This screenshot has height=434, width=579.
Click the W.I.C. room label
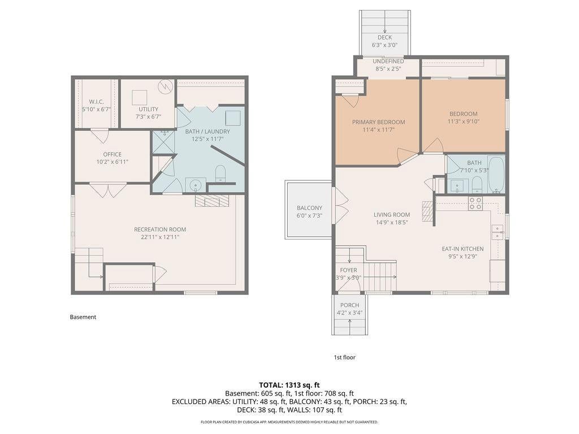[x=96, y=102]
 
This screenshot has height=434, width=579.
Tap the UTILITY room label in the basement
[x=149, y=109]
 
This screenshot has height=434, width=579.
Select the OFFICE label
[x=113, y=154]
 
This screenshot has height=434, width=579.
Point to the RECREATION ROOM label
[x=160, y=229]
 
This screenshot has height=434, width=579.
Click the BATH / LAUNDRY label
[x=208, y=131]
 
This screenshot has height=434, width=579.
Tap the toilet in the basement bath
[x=221, y=174]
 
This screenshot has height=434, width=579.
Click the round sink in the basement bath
[x=196, y=185]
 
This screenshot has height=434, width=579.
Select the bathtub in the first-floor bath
[x=496, y=175]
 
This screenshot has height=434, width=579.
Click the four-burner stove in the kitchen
[x=475, y=203]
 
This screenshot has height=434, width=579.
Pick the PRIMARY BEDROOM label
[x=378, y=122]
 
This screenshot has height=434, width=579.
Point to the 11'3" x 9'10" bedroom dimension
[x=464, y=121]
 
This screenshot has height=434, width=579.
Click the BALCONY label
[x=309, y=208]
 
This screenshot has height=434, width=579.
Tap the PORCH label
[x=349, y=305]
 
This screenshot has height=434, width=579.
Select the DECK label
[x=384, y=38]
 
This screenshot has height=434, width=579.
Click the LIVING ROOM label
[x=392, y=215]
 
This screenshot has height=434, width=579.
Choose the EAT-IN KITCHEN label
[x=463, y=249]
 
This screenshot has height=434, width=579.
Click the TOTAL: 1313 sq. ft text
[x=289, y=385]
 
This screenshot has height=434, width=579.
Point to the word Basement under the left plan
[x=83, y=317]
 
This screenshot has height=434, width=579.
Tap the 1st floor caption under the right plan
[x=344, y=357]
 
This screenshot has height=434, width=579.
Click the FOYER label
[x=348, y=271]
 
